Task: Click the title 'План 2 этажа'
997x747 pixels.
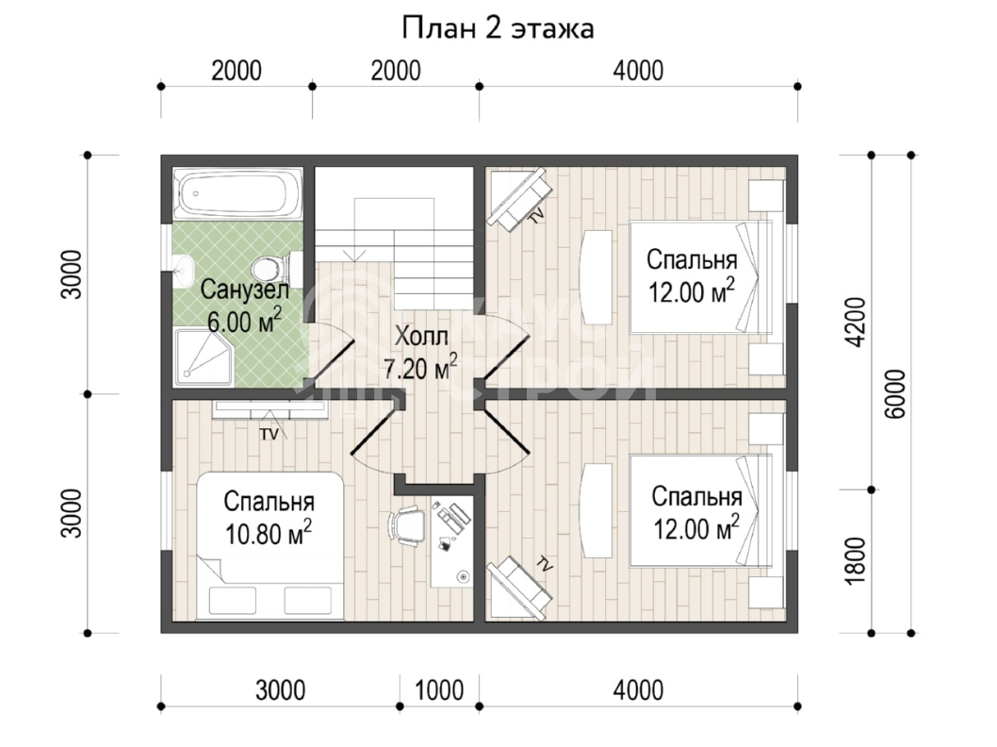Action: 498,28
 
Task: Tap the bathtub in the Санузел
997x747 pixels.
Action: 239,192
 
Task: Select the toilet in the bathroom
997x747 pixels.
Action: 278,269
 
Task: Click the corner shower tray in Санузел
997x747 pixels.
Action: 203,357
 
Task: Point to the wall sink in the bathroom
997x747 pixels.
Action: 183,271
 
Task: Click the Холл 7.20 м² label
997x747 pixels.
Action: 421,352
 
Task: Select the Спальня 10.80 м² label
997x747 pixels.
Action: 269,518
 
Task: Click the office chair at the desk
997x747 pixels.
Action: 405,525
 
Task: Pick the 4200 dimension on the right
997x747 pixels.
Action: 857,322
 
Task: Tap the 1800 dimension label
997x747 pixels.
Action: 857,561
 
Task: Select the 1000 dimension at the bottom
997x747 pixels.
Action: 439,690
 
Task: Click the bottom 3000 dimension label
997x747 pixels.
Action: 281,690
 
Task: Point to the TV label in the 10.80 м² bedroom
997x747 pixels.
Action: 269,435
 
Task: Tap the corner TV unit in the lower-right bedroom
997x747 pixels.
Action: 518,589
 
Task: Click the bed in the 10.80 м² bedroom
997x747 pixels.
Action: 270,545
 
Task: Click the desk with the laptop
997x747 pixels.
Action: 452,541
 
